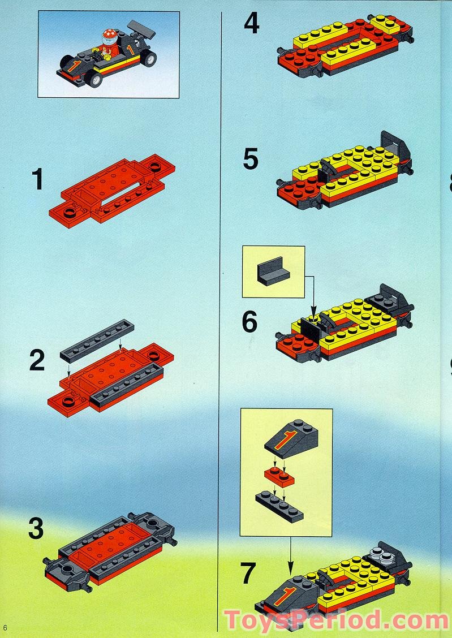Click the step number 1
click(37, 180)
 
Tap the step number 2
click(37, 361)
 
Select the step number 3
click(36, 529)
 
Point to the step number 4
click(251, 24)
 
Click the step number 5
click(251, 159)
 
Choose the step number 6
click(249, 322)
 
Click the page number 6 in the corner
click(5, 627)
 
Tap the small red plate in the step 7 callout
click(279, 476)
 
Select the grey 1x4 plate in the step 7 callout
click(279, 505)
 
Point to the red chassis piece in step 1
click(111, 191)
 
